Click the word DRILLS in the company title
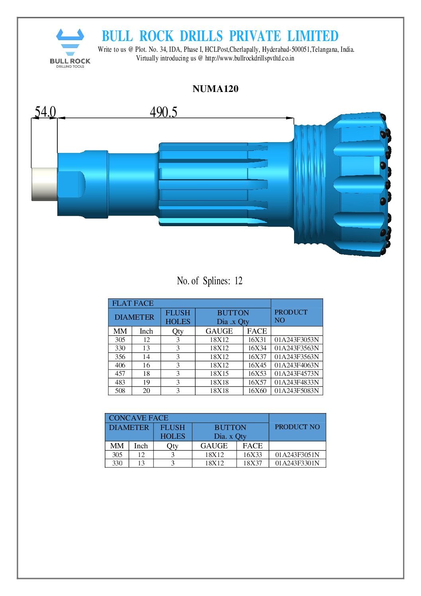pyautogui.click(x=202, y=36)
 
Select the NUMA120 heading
pyautogui.click(x=215, y=89)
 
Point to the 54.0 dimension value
pyautogui.click(x=45, y=112)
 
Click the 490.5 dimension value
pyautogui.click(x=163, y=112)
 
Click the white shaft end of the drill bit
pyautogui.click(x=44, y=184)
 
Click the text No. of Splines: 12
pyautogui.click(x=209, y=281)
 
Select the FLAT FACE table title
pyautogui.click(x=133, y=303)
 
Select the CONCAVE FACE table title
pyautogui.click(x=138, y=418)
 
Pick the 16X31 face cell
pyautogui.click(x=257, y=340)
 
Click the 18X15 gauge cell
pyautogui.click(x=219, y=374)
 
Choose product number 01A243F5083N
pyautogui.click(x=296, y=391)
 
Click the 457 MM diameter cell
pyautogui.click(x=120, y=374)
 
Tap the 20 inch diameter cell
pyautogui.click(x=146, y=391)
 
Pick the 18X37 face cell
pyautogui.click(x=252, y=463)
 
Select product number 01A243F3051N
pyautogui.click(x=297, y=455)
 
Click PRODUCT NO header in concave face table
pyautogui.click(x=297, y=427)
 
